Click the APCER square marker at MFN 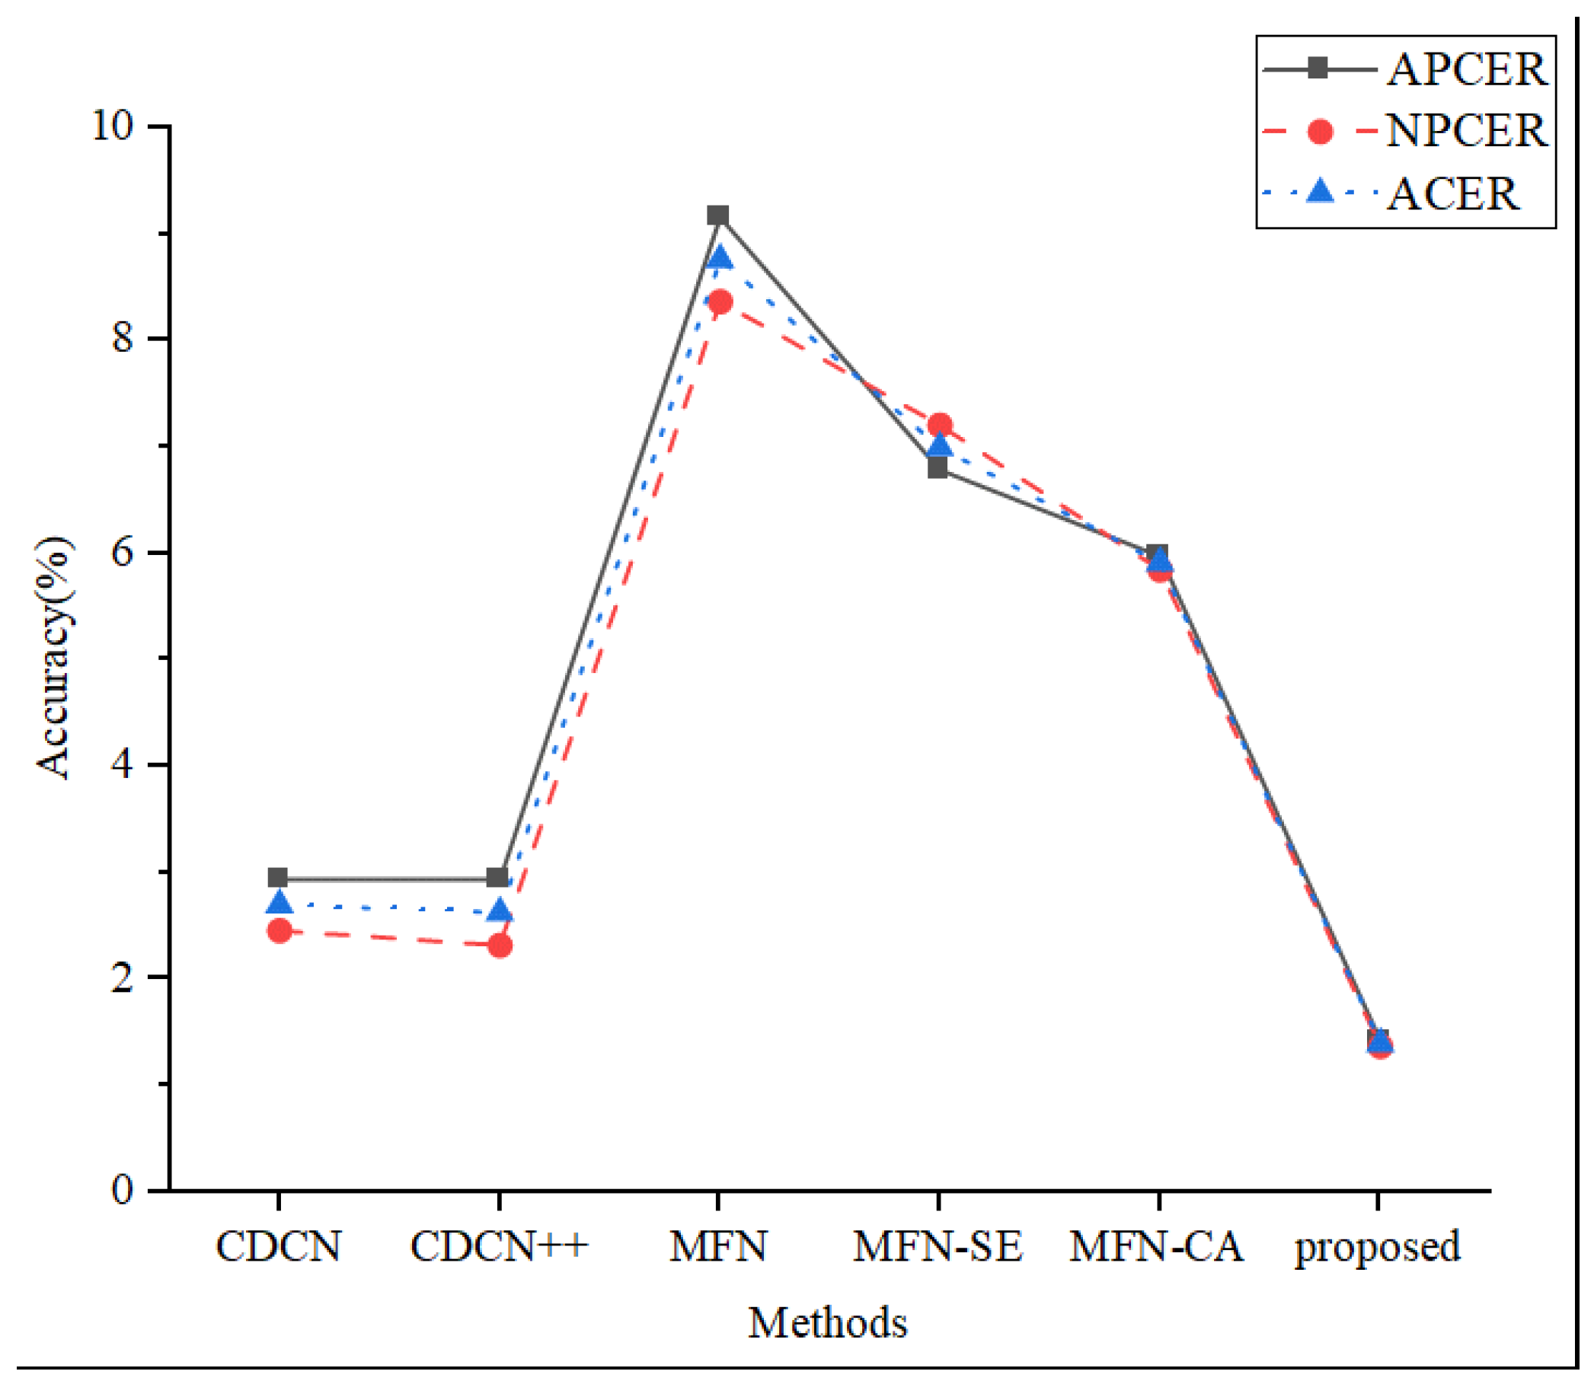718,215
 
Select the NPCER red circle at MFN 720,302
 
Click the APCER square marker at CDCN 278,877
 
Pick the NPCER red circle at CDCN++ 500,946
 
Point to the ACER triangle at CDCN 279,903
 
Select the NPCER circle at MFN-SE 940,426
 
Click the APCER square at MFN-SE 938,468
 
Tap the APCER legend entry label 1466,70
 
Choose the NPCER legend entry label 1466,131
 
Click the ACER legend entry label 1452,194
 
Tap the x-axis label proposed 1378,1246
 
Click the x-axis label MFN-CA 1157,1246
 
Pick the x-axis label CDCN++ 499,1246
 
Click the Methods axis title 827,1323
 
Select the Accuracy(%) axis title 54,658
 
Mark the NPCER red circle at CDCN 279,930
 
